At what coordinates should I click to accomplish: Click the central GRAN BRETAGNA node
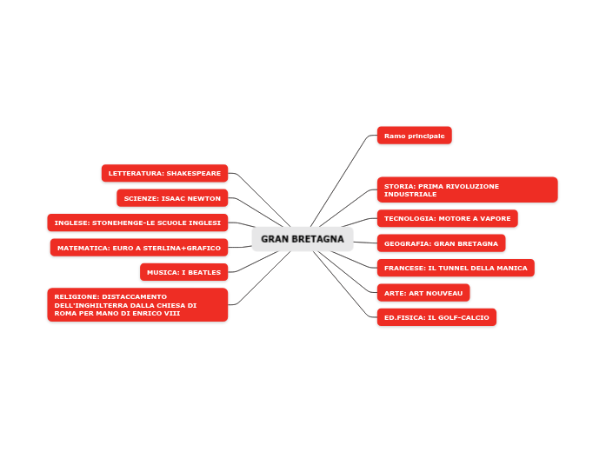coord(303,239)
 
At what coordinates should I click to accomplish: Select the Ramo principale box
coord(414,136)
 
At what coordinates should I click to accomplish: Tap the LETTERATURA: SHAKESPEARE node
coord(164,173)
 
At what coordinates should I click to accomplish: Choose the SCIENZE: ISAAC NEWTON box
coord(172,198)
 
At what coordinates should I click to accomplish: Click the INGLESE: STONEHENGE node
coord(137,223)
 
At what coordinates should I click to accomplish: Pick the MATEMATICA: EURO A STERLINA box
coord(139,248)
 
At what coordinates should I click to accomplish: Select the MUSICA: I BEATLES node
coord(183,272)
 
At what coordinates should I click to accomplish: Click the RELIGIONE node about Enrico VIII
coord(137,305)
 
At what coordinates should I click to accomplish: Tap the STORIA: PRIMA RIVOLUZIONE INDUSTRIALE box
coord(467,189)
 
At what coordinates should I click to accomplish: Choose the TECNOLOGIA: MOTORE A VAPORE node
coord(447,218)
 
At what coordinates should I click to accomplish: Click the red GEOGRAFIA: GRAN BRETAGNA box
coord(441,243)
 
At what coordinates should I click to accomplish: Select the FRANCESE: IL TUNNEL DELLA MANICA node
coord(456,268)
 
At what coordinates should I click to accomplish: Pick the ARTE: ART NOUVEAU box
coord(423,293)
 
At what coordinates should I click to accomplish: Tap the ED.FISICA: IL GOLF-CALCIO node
coord(436,317)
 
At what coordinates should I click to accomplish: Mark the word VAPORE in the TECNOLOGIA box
coord(496,218)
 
